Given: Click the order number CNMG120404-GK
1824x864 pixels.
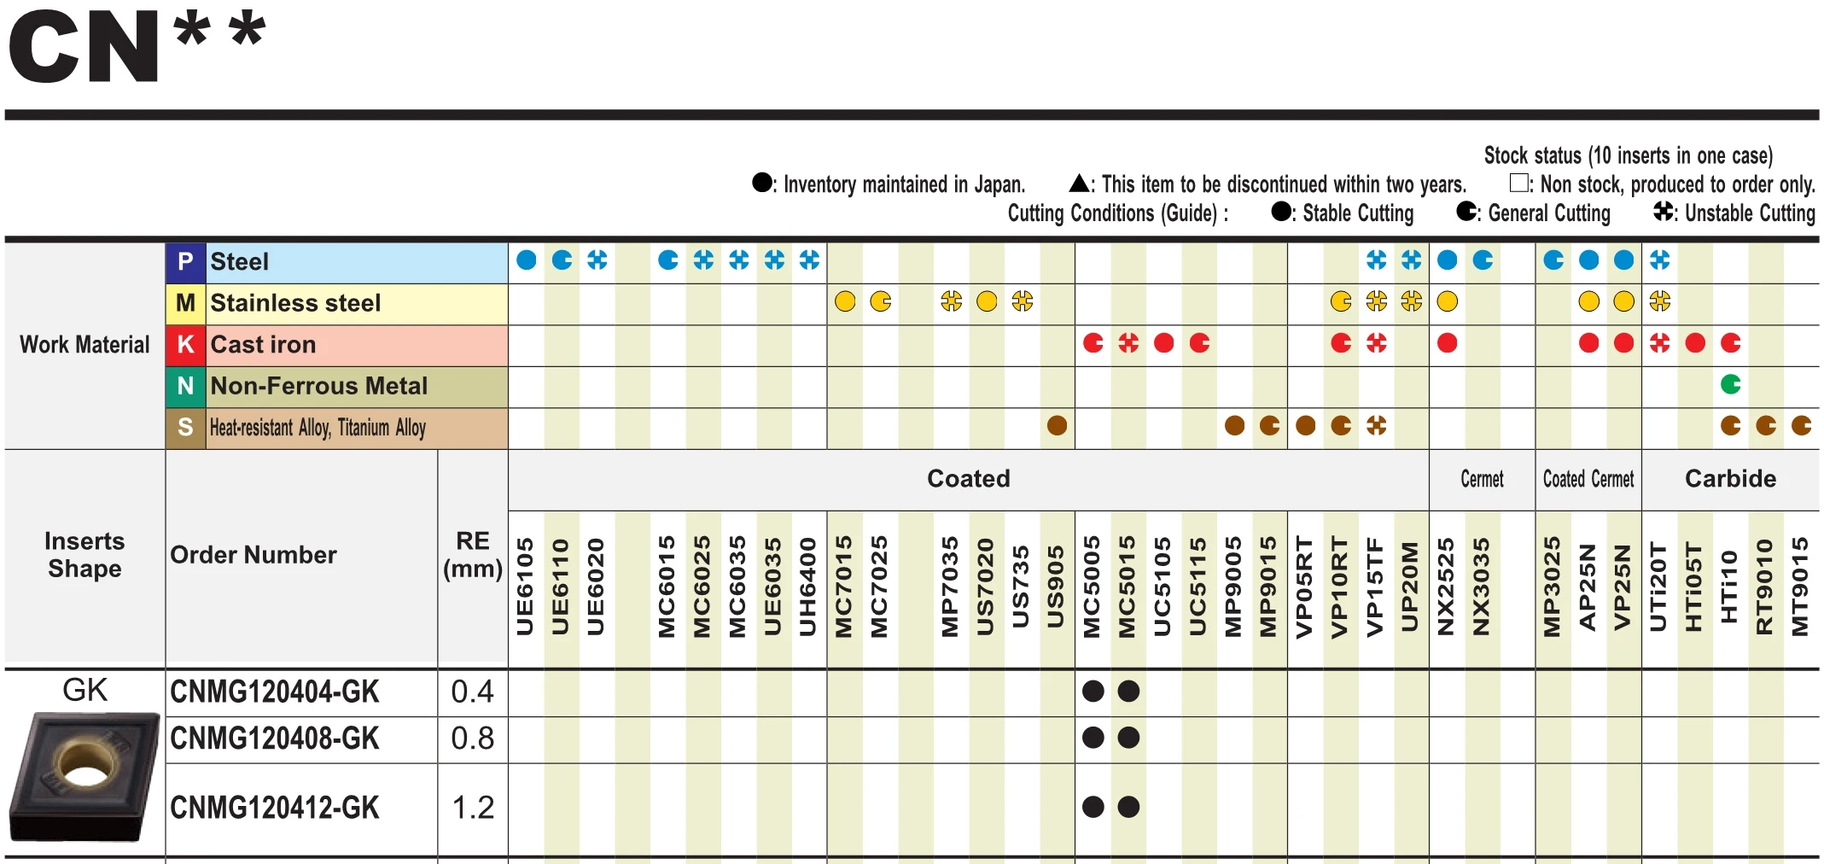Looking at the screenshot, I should click(x=274, y=692).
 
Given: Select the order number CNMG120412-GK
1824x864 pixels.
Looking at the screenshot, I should click(x=274, y=808).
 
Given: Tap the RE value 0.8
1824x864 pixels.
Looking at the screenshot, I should click(x=472, y=738).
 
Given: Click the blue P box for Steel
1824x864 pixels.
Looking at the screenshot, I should click(x=185, y=262).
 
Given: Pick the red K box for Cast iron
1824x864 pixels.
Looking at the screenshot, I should click(x=185, y=345).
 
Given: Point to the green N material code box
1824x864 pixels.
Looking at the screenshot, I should click(x=185, y=386).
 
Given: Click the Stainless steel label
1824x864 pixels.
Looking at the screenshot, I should click(x=295, y=303).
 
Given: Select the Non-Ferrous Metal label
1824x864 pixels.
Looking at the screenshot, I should click(x=318, y=386).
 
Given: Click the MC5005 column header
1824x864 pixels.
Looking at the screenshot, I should click(x=1093, y=587).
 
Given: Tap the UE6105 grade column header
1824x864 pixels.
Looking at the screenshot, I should click(x=526, y=587).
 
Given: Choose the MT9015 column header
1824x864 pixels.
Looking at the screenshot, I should click(x=1800, y=587).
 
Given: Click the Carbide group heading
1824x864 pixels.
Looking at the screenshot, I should click(x=1730, y=479).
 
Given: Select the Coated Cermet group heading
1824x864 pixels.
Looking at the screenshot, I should click(x=1588, y=479).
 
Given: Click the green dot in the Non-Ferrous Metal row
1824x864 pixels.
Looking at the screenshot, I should click(x=1730, y=384).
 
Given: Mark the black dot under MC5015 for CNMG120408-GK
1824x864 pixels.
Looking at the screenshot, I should click(x=1128, y=738).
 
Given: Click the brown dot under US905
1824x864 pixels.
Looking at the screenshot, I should click(x=1057, y=425).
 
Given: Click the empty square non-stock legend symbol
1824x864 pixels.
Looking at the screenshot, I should click(x=1518, y=183).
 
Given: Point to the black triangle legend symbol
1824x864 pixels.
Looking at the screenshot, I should click(x=1079, y=183).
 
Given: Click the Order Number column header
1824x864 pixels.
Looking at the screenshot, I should click(x=253, y=555).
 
